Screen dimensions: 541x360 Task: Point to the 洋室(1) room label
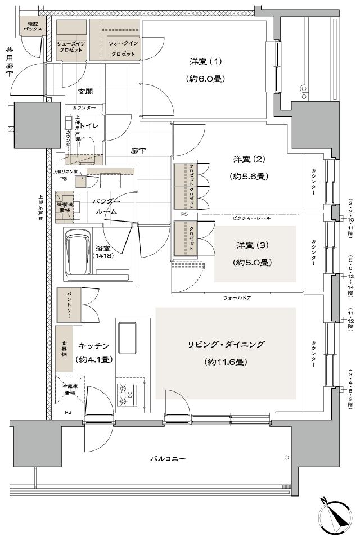[x=205, y=61]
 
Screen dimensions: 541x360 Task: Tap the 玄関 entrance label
[x=85, y=91]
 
